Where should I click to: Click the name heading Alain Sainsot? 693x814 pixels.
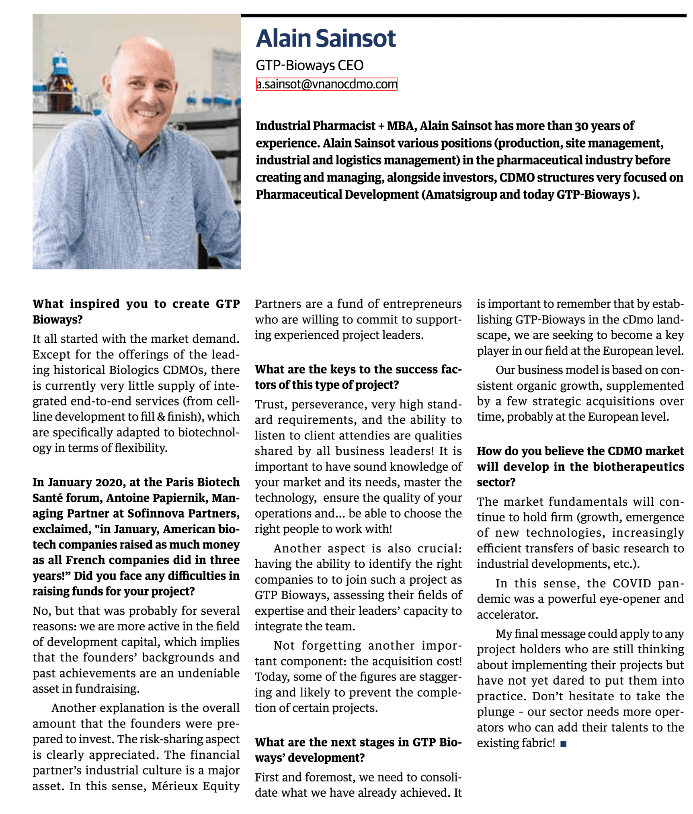(326, 39)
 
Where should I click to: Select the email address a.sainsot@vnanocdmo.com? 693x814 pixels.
(326, 84)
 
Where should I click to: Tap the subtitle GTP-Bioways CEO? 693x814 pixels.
(310, 65)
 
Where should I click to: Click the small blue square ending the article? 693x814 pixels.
(563, 744)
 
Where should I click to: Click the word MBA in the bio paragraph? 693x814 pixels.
(400, 126)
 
